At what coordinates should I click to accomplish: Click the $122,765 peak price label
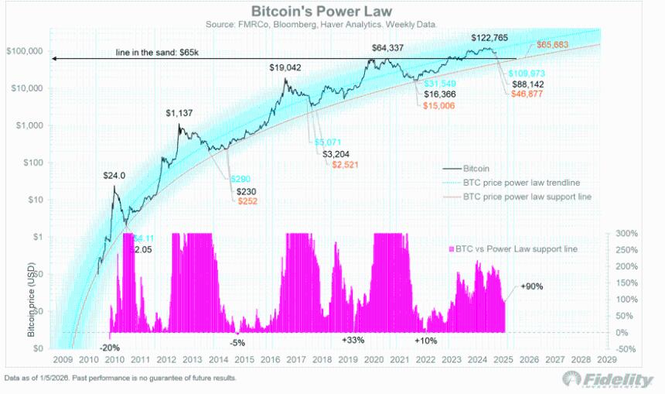[493, 38]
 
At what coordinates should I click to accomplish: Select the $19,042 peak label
[285, 68]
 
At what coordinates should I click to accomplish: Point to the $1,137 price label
[181, 114]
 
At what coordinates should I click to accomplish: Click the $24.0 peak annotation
[114, 176]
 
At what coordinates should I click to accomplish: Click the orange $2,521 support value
[344, 165]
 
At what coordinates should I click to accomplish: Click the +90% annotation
[533, 286]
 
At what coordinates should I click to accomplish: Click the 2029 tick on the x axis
[607, 361]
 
